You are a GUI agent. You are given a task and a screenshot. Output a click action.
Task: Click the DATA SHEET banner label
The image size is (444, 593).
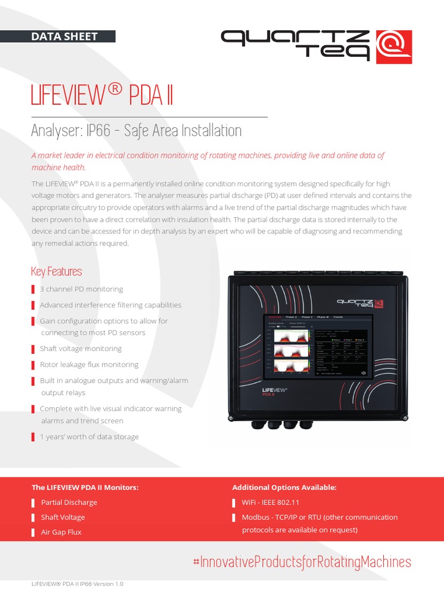65,36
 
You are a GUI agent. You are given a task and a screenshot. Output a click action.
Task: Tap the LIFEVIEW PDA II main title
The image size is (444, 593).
102,95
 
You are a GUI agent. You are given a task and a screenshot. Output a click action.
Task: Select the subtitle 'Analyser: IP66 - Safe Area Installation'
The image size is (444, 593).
136,130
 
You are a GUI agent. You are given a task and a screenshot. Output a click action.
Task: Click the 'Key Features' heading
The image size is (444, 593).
56,271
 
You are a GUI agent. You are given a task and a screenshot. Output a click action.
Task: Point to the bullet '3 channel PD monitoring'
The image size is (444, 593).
81,289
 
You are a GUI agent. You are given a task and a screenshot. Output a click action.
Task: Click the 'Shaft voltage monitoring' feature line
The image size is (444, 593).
80,349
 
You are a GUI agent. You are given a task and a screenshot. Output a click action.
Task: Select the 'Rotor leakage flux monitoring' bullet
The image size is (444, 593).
89,365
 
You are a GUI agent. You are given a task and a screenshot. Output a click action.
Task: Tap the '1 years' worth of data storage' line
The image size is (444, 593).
89,437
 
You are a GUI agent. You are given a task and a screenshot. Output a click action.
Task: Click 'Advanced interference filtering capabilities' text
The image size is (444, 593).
110,305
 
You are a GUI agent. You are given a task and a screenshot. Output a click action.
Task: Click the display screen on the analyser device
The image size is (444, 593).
318,347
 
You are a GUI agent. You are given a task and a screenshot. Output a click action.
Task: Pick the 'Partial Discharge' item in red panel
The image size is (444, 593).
69,502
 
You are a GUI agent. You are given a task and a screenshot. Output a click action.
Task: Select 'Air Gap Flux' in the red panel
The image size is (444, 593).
61,532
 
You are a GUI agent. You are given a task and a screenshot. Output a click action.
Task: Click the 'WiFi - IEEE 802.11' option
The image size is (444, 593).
271,502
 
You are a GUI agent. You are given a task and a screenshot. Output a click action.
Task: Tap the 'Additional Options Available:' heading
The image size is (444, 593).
284,488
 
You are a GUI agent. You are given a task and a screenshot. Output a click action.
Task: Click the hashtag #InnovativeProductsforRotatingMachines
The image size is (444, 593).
301,562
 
